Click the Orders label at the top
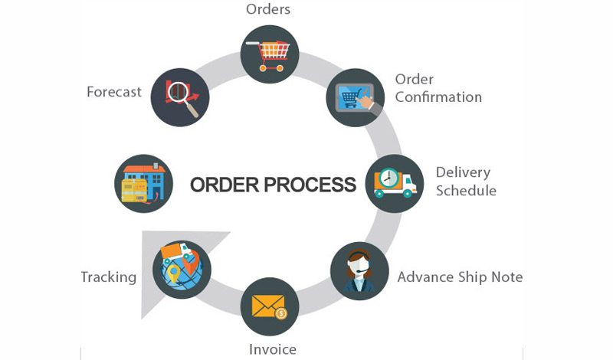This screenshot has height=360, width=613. pos(268,9)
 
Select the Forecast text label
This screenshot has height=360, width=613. pos(114,92)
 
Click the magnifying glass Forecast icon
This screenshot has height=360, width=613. pos(180,97)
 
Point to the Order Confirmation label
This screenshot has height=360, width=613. pos(438,88)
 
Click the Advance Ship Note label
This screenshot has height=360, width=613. pos(460,277)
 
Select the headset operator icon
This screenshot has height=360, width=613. pos(359,270)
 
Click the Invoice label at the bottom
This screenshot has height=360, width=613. pos(272,349)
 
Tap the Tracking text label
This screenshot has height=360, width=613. pos(109,277)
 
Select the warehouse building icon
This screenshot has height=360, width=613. pos(143,185)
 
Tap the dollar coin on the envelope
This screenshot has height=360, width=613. pos(280,313)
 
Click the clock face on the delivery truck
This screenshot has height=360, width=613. pos(390,178)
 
